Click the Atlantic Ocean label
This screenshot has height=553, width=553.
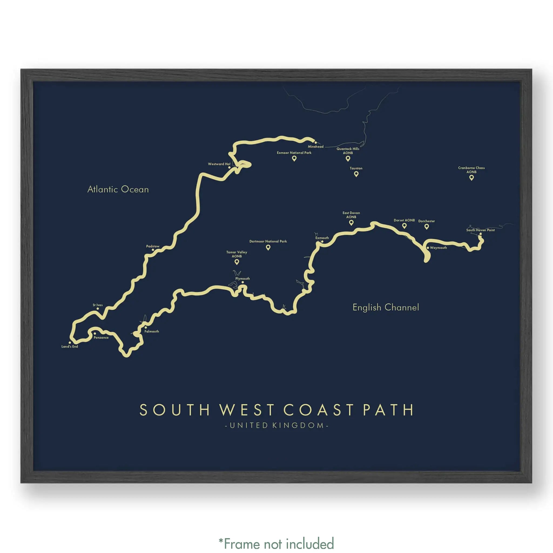(118, 189)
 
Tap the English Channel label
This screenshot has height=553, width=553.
(386, 307)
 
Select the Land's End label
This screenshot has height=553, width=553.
(70, 346)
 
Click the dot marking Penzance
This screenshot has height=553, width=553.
(95, 333)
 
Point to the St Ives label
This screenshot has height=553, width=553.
(97, 305)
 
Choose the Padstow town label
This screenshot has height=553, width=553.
(153, 246)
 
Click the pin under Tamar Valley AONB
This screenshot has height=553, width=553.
(237, 262)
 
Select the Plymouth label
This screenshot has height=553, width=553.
(242, 278)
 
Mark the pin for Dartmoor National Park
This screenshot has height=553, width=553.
(268, 247)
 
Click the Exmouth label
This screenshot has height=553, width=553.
(322, 238)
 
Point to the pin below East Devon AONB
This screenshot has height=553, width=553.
(351, 223)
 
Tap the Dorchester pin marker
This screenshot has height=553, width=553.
(426, 227)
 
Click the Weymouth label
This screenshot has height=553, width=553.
(438, 248)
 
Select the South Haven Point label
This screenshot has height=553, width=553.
(480, 230)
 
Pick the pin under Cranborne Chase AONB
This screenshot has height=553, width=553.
(471, 177)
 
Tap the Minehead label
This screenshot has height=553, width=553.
(316, 147)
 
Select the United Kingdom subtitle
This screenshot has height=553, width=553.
(276, 425)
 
